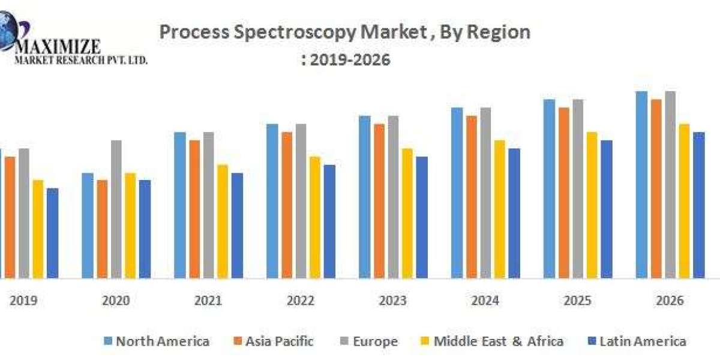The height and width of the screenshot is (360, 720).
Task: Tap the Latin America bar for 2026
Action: point(699,205)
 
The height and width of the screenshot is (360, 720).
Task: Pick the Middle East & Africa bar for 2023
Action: point(407,213)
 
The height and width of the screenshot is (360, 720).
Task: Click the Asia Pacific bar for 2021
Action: point(195,209)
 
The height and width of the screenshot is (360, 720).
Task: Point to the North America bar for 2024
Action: point(457,193)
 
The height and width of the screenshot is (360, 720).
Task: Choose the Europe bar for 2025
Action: point(578,188)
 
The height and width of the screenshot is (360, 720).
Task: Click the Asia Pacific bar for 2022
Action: point(287,205)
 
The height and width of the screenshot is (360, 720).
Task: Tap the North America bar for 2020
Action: point(88,225)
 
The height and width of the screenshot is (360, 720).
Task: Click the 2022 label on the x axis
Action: point(300,301)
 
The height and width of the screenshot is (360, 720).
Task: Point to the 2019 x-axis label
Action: point(23,301)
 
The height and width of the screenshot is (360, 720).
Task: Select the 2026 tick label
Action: point(670,301)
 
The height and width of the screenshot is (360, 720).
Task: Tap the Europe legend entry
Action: point(367,342)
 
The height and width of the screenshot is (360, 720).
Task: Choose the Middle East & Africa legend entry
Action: point(491,342)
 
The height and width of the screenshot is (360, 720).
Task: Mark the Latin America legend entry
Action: point(635,342)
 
